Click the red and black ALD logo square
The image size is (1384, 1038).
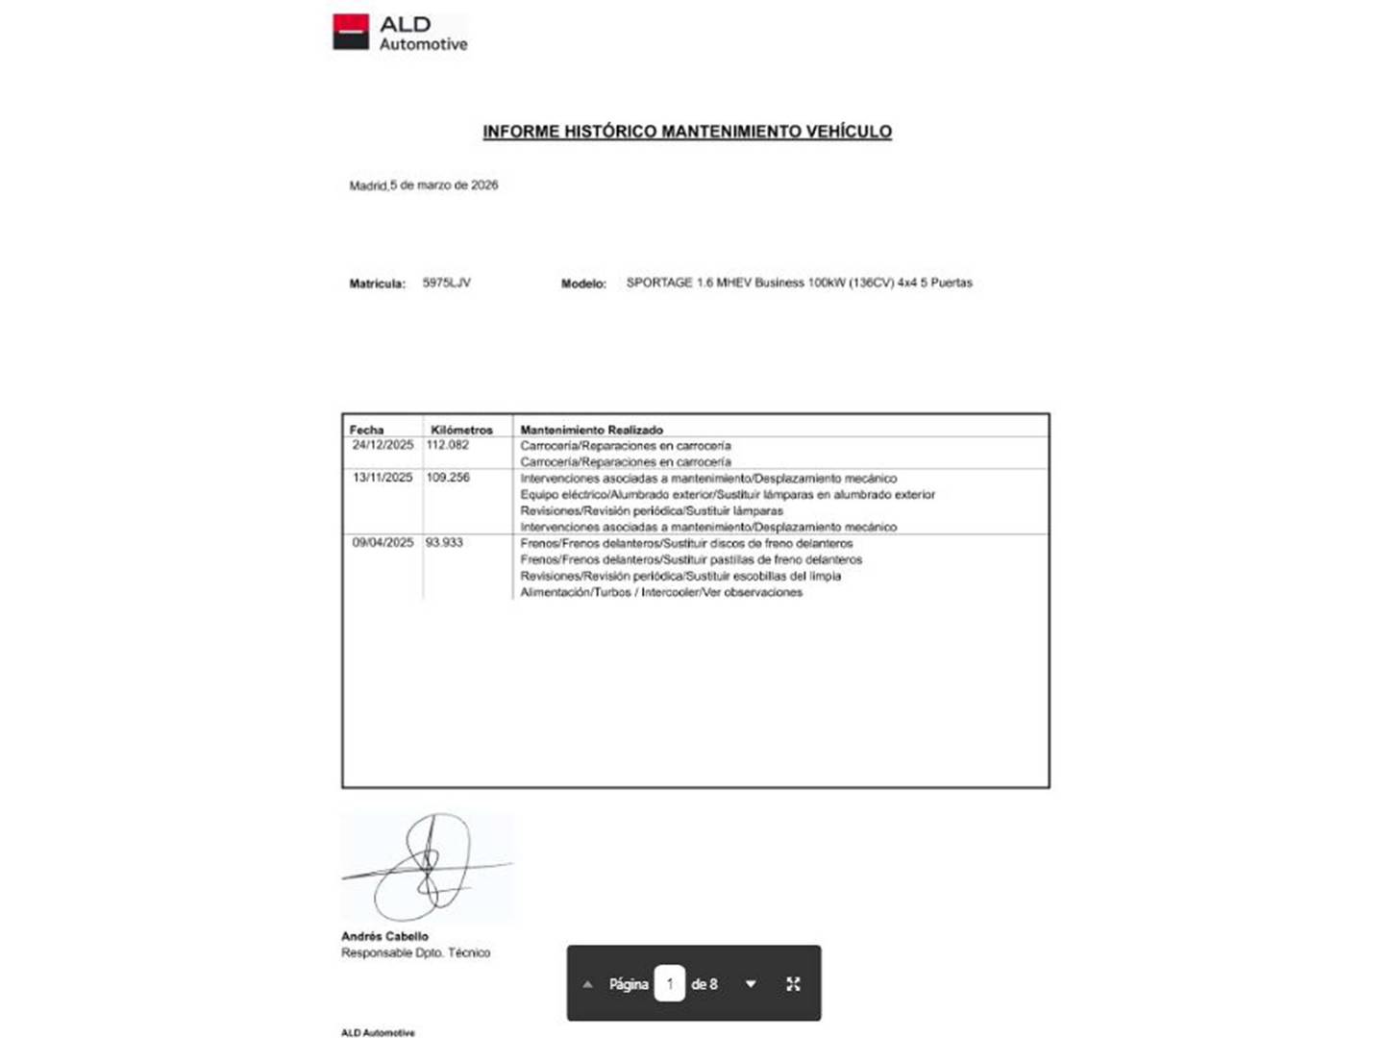[x=351, y=32]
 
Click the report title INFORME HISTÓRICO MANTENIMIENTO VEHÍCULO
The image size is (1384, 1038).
[x=686, y=132]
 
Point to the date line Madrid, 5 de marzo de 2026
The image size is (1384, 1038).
[x=424, y=185]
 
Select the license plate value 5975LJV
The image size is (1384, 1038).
[x=447, y=283]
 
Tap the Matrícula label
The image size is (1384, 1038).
[x=377, y=284]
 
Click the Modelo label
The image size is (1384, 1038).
[x=583, y=284]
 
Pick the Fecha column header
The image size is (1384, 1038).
[x=366, y=430]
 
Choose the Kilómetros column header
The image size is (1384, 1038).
[x=461, y=430]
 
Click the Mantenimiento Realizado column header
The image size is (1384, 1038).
[x=591, y=430]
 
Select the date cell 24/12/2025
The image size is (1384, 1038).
[x=383, y=445]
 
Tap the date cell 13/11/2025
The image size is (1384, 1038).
[x=383, y=478]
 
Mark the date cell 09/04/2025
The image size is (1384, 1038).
[x=383, y=543]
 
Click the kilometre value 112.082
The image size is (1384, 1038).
[x=448, y=445]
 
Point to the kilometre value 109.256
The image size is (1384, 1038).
[x=448, y=478]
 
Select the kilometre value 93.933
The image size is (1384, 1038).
[x=444, y=543]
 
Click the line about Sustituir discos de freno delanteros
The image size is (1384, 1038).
[x=686, y=543]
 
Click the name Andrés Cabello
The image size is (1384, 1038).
[x=384, y=936]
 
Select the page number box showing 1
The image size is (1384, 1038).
[x=669, y=984]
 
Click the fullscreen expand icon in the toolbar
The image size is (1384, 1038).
[x=793, y=984]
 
